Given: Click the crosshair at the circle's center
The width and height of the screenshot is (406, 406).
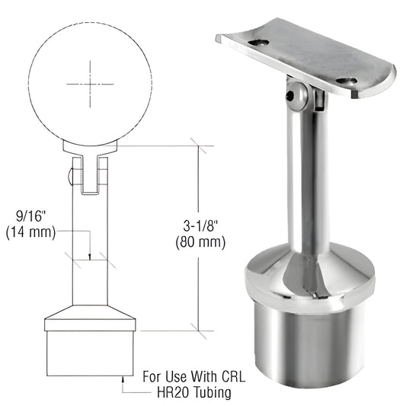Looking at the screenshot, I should (x=90, y=84).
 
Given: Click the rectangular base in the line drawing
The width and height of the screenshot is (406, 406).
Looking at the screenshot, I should (x=90, y=350).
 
